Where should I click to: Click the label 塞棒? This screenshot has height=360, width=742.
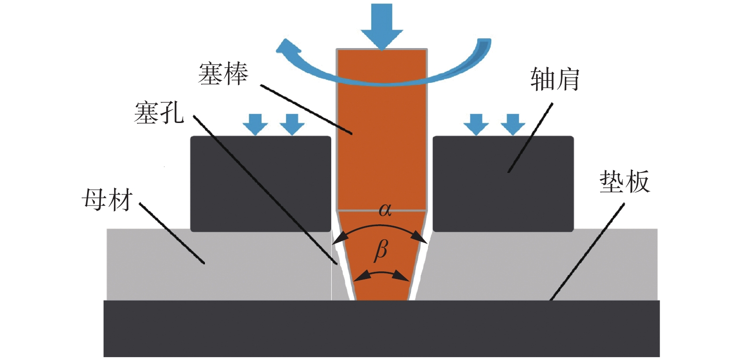[223, 74]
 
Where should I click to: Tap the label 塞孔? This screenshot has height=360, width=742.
[159, 113]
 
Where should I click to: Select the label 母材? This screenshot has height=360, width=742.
[107, 200]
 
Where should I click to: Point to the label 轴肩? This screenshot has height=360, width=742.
[554, 79]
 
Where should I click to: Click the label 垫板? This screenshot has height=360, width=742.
[624, 181]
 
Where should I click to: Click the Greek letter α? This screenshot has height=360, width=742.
[385, 210]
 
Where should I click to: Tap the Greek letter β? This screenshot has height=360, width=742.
[381, 250]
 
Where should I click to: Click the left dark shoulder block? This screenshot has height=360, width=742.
[261, 184]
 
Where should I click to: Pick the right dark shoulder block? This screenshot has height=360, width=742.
[503, 184]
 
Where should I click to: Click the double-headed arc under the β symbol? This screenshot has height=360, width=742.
[381, 273]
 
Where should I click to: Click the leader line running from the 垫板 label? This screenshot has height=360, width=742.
[587, 252]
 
